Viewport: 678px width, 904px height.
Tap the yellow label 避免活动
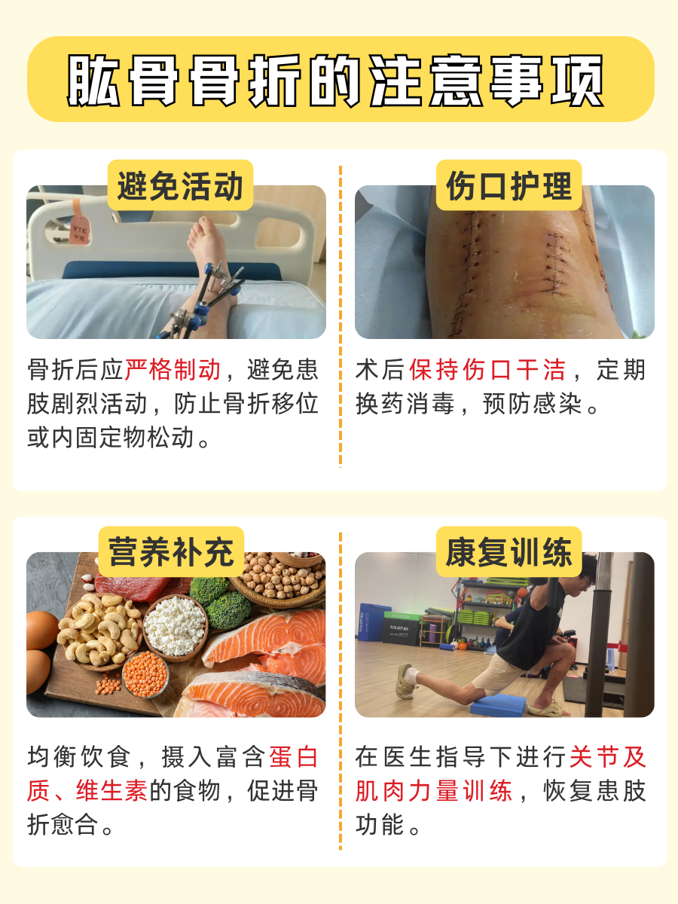point(180,185)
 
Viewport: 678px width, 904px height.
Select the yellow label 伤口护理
point(508,185)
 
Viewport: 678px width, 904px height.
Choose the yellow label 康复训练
point(508,551)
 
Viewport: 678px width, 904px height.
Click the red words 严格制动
point(173,371)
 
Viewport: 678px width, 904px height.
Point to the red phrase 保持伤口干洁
point(487,371)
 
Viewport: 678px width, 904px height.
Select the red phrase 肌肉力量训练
point(434,791)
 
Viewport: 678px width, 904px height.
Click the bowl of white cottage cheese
point(175,624)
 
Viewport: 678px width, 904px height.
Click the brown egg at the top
point(41,629)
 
